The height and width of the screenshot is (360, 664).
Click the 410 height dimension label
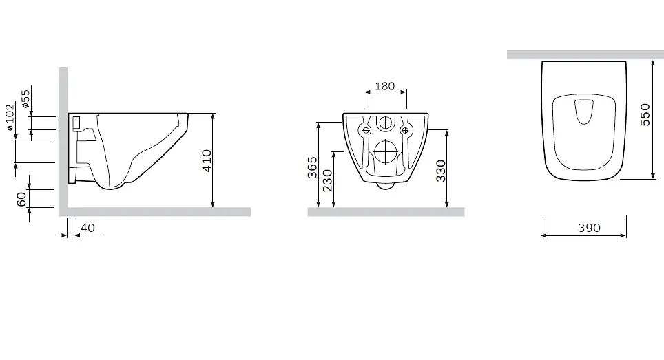pyautogui.click(x=207, y=161)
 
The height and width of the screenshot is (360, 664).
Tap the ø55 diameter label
pyautogui.click(x=25, y=98)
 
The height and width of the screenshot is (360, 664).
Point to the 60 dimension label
pyautogui.click(x=21, y=198)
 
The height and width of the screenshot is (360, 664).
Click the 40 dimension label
pyautogui.click(x=87, y=228)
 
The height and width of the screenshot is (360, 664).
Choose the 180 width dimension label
pyautogui.click(x=385, y=86)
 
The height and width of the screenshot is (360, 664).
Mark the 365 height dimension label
pyautogui.click(x=312, y=167)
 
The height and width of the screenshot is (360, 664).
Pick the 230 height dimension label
pyautogui.click(x=327, y=180)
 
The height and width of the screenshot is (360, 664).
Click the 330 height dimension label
pyautogui.click(x=441, y=171)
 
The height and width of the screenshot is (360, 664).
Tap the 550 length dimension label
pyautogui.click(x=645, y=115)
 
